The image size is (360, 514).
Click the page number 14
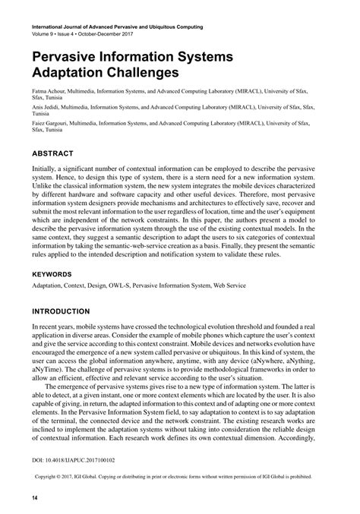point(35,497)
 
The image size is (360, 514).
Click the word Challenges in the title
point(142,74)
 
